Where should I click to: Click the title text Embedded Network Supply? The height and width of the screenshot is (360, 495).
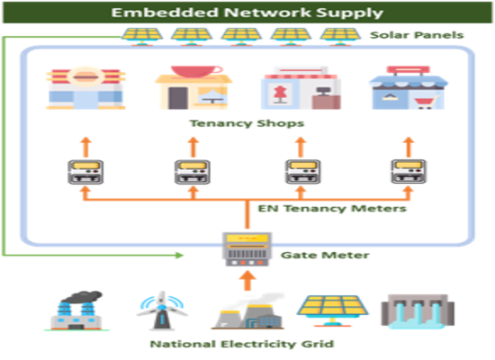(x=247, y=13)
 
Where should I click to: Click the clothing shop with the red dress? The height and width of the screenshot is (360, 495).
(x=292, y=88)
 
